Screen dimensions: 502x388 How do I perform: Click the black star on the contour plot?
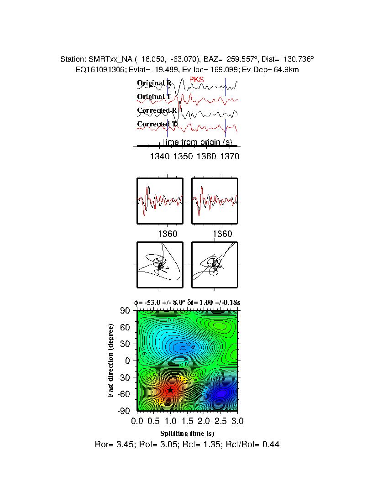click(170, 390)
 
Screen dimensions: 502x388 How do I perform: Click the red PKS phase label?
click(197, 80)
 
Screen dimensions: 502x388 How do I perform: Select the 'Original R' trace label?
click(154, 83)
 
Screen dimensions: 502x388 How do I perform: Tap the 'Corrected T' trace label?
click(157, 124)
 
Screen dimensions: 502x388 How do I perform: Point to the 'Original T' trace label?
click(154, 97)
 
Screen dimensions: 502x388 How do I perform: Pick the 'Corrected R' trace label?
click(157, 110)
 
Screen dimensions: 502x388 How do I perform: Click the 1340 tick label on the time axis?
click(159, 157)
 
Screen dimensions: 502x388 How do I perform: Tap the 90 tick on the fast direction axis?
click(126, 311)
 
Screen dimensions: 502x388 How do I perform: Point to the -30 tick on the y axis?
click(125, 377)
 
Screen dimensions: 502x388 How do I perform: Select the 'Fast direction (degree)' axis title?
click(111, 361)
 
